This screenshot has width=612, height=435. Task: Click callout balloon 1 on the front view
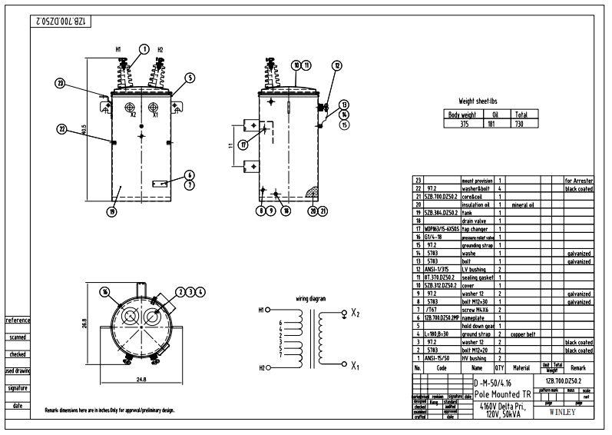[143, 49]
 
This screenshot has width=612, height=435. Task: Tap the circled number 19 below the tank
[112, 211]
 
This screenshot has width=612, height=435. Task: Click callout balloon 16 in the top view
[105, 292]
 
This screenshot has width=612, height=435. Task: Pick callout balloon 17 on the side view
[243, 144]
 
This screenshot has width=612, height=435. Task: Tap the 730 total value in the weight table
[521, 123]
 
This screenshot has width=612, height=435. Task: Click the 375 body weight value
[464, 123]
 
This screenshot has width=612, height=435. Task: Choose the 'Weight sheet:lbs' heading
[482, 101]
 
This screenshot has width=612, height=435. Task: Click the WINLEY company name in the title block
[567, 410]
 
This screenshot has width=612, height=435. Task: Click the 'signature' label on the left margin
[18, 388]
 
